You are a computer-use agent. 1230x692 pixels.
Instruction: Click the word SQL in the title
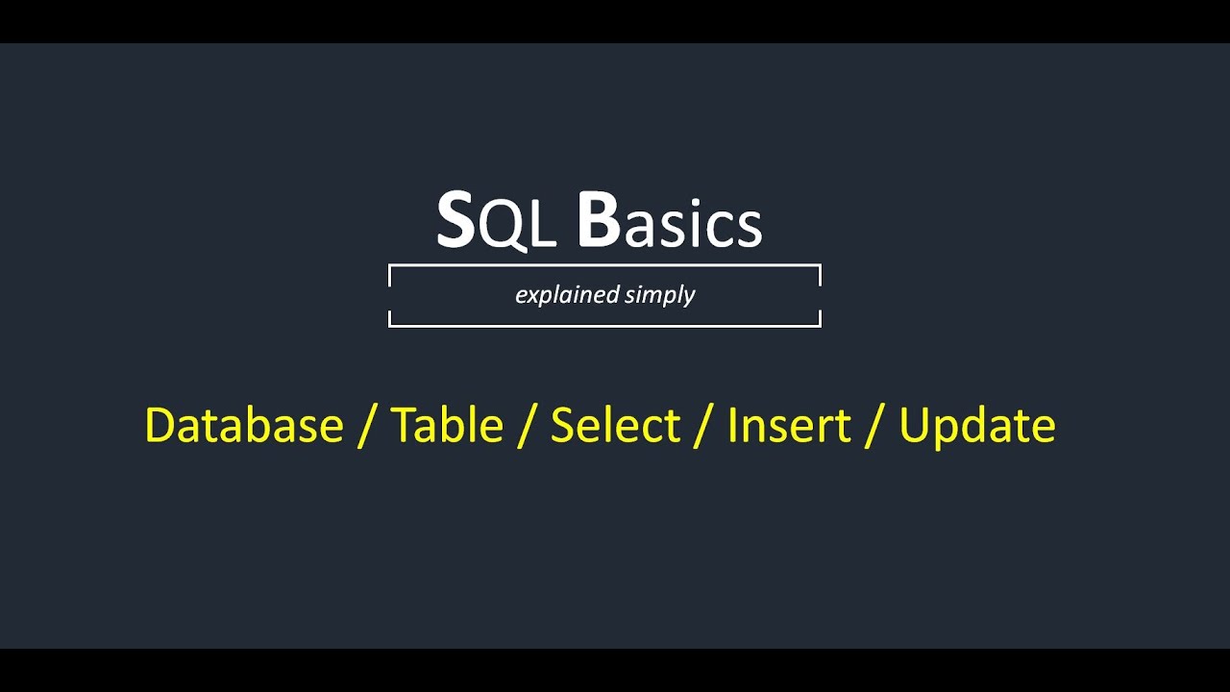(x=496, y=222)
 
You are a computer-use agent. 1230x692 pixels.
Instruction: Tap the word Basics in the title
(x=669, y=222)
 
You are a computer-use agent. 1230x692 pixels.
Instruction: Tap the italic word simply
(x=659, y=295)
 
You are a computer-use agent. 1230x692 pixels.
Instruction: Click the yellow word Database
(x=244, y=426)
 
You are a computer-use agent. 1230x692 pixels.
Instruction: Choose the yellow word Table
(x=447, y=426)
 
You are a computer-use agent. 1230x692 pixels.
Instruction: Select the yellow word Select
(x=616, y=426)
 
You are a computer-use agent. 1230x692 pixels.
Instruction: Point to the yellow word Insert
(x=789, y=426)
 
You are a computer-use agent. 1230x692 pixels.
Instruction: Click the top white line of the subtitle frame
(x=604, y=264)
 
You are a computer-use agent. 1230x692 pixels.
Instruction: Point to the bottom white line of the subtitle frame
(x=604, y=326)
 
